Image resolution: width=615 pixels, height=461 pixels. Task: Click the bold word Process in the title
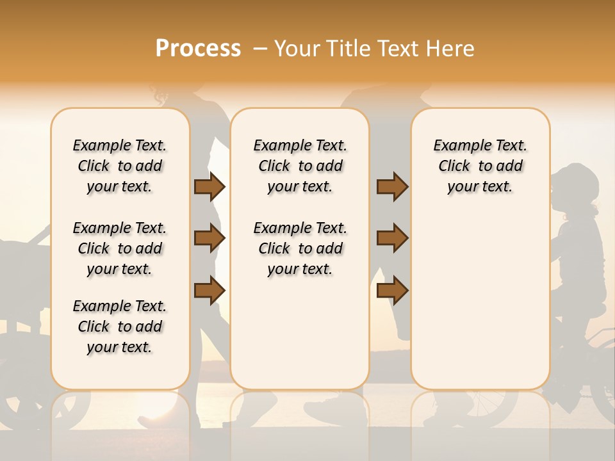click(x=198, y=49)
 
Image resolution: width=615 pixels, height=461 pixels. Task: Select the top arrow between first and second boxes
click(x=209, y=186)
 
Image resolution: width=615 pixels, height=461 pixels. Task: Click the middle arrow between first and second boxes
click(x=209, y=238)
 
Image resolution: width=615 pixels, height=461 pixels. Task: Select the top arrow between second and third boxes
click(x=392, y=186)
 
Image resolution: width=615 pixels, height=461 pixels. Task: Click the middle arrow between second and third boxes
click(x=392, y=238)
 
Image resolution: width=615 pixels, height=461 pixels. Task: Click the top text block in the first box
click(x=120, y=166)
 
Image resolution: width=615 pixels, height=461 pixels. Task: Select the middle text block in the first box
click(x=120, y=248)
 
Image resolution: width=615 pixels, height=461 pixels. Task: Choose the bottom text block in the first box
click(x=120, y=327)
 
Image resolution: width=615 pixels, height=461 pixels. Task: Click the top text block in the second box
click(x=300, y=166)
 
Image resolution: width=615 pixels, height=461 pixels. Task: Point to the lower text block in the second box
click(x=300, y=248)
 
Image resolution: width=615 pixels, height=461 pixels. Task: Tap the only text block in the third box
click(x=480, y=166)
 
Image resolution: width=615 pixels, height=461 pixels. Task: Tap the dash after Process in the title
click(x=260, y=49)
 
